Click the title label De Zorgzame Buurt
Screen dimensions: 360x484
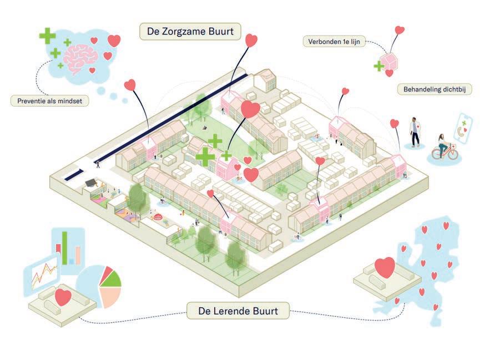click(190, 31)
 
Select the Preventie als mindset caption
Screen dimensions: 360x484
click(49, 101)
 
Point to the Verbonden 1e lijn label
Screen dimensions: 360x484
click(334, 41)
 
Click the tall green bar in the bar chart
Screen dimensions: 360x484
click(65, 247)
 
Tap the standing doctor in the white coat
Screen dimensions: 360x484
click(415, 131)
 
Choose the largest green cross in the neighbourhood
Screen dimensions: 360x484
click(205, 157)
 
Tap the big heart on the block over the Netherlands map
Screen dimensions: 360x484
click(385, 268)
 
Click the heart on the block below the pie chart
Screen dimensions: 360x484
click(63, 297)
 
